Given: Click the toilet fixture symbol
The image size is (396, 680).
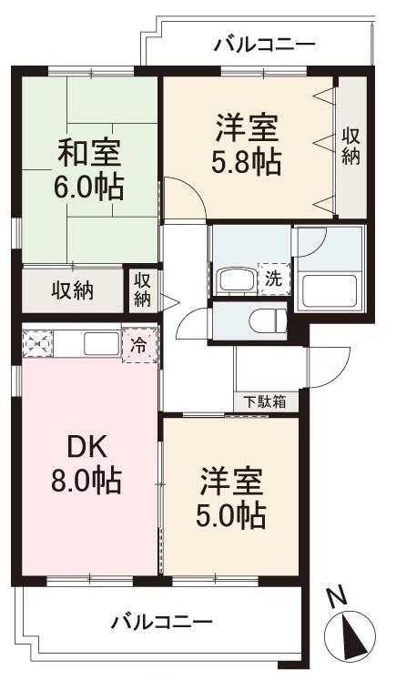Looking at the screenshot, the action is coord(268,321).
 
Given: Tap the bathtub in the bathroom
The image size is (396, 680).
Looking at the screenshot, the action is coord(330,290).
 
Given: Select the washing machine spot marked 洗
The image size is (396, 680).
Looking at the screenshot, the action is coord(274,279).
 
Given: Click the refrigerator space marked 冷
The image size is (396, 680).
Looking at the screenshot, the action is coord(139,345).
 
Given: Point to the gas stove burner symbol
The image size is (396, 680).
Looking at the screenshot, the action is coord(37,343).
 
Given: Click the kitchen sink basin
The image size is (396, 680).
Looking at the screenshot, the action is coord(101,344).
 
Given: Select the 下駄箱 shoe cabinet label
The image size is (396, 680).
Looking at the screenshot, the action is coord(265,402).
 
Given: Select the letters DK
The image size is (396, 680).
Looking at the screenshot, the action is coord(87,449).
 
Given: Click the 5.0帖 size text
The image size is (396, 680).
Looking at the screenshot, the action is coord(230,514).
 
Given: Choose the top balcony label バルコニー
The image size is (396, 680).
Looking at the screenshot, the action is coord(264,45).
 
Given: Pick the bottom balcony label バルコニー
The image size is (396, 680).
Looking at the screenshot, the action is coord(162,623).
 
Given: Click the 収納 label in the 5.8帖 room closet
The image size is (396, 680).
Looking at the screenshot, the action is coord(350,147).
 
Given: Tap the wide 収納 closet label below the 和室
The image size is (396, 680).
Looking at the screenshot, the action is coord(73,290).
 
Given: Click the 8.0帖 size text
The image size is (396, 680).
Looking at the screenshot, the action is coord(86,481).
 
